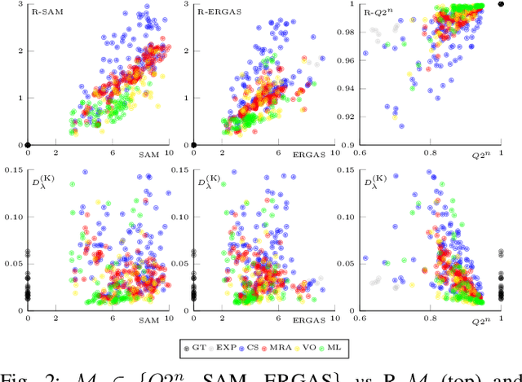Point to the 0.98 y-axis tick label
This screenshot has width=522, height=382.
coord(344,33)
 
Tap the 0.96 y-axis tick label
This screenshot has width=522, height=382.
coord(344,61)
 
